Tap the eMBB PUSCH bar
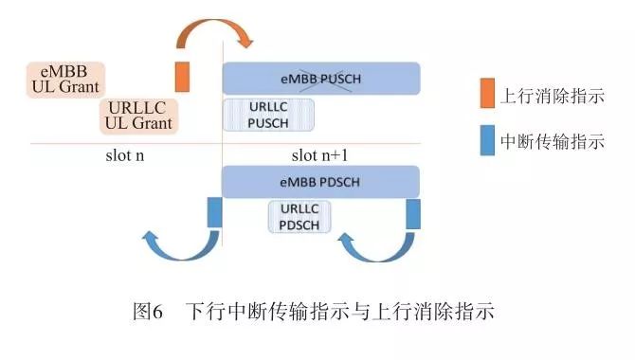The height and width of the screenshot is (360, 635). tap(320, 78)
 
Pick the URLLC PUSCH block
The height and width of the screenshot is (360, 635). tap(267, 115)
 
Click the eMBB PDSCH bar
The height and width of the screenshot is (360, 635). tap(320, 181)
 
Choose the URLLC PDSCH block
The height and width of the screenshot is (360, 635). tap(300, 217)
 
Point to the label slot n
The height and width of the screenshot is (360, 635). tap(124, 153)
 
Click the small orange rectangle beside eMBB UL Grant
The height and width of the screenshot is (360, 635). tap(183, 76)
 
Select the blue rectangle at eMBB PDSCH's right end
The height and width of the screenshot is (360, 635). tap(412, 213)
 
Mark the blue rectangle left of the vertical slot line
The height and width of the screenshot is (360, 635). tap(214, 211)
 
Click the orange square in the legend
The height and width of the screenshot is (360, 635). tap(484, 95)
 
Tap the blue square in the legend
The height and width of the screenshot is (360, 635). tap(484, 141)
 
